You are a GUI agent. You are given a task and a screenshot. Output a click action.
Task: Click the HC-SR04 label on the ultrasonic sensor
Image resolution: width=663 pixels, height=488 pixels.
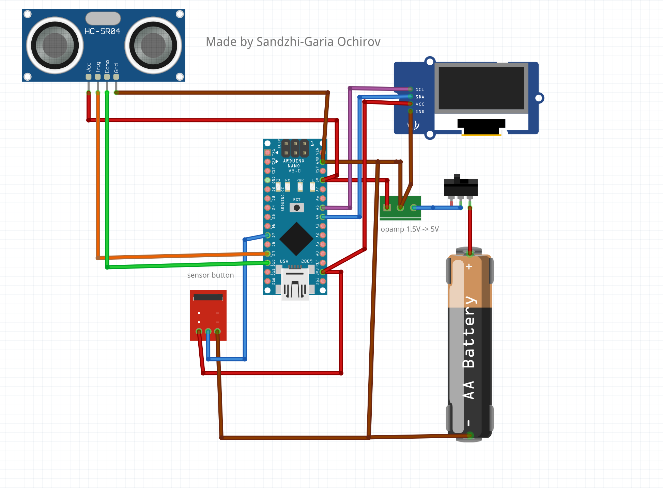point(102,31)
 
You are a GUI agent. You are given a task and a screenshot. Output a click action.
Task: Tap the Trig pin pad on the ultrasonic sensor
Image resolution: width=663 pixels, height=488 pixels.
point(98,77)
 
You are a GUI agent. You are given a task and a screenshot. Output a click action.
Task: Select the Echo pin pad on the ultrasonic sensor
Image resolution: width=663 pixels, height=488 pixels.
point(107,77)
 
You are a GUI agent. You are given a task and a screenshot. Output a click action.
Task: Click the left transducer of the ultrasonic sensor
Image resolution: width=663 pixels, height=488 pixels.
point(55,45)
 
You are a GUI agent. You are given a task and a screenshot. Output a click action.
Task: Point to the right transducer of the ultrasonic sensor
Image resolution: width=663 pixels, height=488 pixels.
point(153,45)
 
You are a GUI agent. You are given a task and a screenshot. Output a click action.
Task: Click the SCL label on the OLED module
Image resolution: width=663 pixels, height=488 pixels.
point(420,90)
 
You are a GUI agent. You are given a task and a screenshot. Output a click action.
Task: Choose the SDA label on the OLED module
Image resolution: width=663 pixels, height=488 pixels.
point(420,97)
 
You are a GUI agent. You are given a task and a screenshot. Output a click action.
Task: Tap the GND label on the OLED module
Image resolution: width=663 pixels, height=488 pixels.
point(420,112)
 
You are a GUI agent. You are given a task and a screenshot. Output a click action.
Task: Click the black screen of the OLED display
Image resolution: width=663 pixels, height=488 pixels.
point(481,88)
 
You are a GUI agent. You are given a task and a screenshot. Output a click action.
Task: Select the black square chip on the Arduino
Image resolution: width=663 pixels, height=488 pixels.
point(296,239)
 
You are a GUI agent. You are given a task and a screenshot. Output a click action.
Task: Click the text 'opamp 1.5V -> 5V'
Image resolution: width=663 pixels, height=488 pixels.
point(410,229)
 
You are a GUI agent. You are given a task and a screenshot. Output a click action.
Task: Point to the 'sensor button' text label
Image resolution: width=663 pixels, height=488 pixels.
point(210,275)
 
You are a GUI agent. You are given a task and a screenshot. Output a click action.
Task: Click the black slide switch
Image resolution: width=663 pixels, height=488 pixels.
point(461,186)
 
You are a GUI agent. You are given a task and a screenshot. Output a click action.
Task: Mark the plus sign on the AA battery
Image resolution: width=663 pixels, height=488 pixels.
point(469,266)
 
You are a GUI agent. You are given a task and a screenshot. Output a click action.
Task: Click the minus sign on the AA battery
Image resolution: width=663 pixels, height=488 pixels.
point(469,423)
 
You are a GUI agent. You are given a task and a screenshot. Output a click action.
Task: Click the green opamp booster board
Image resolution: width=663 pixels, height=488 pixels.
point(400,208)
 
